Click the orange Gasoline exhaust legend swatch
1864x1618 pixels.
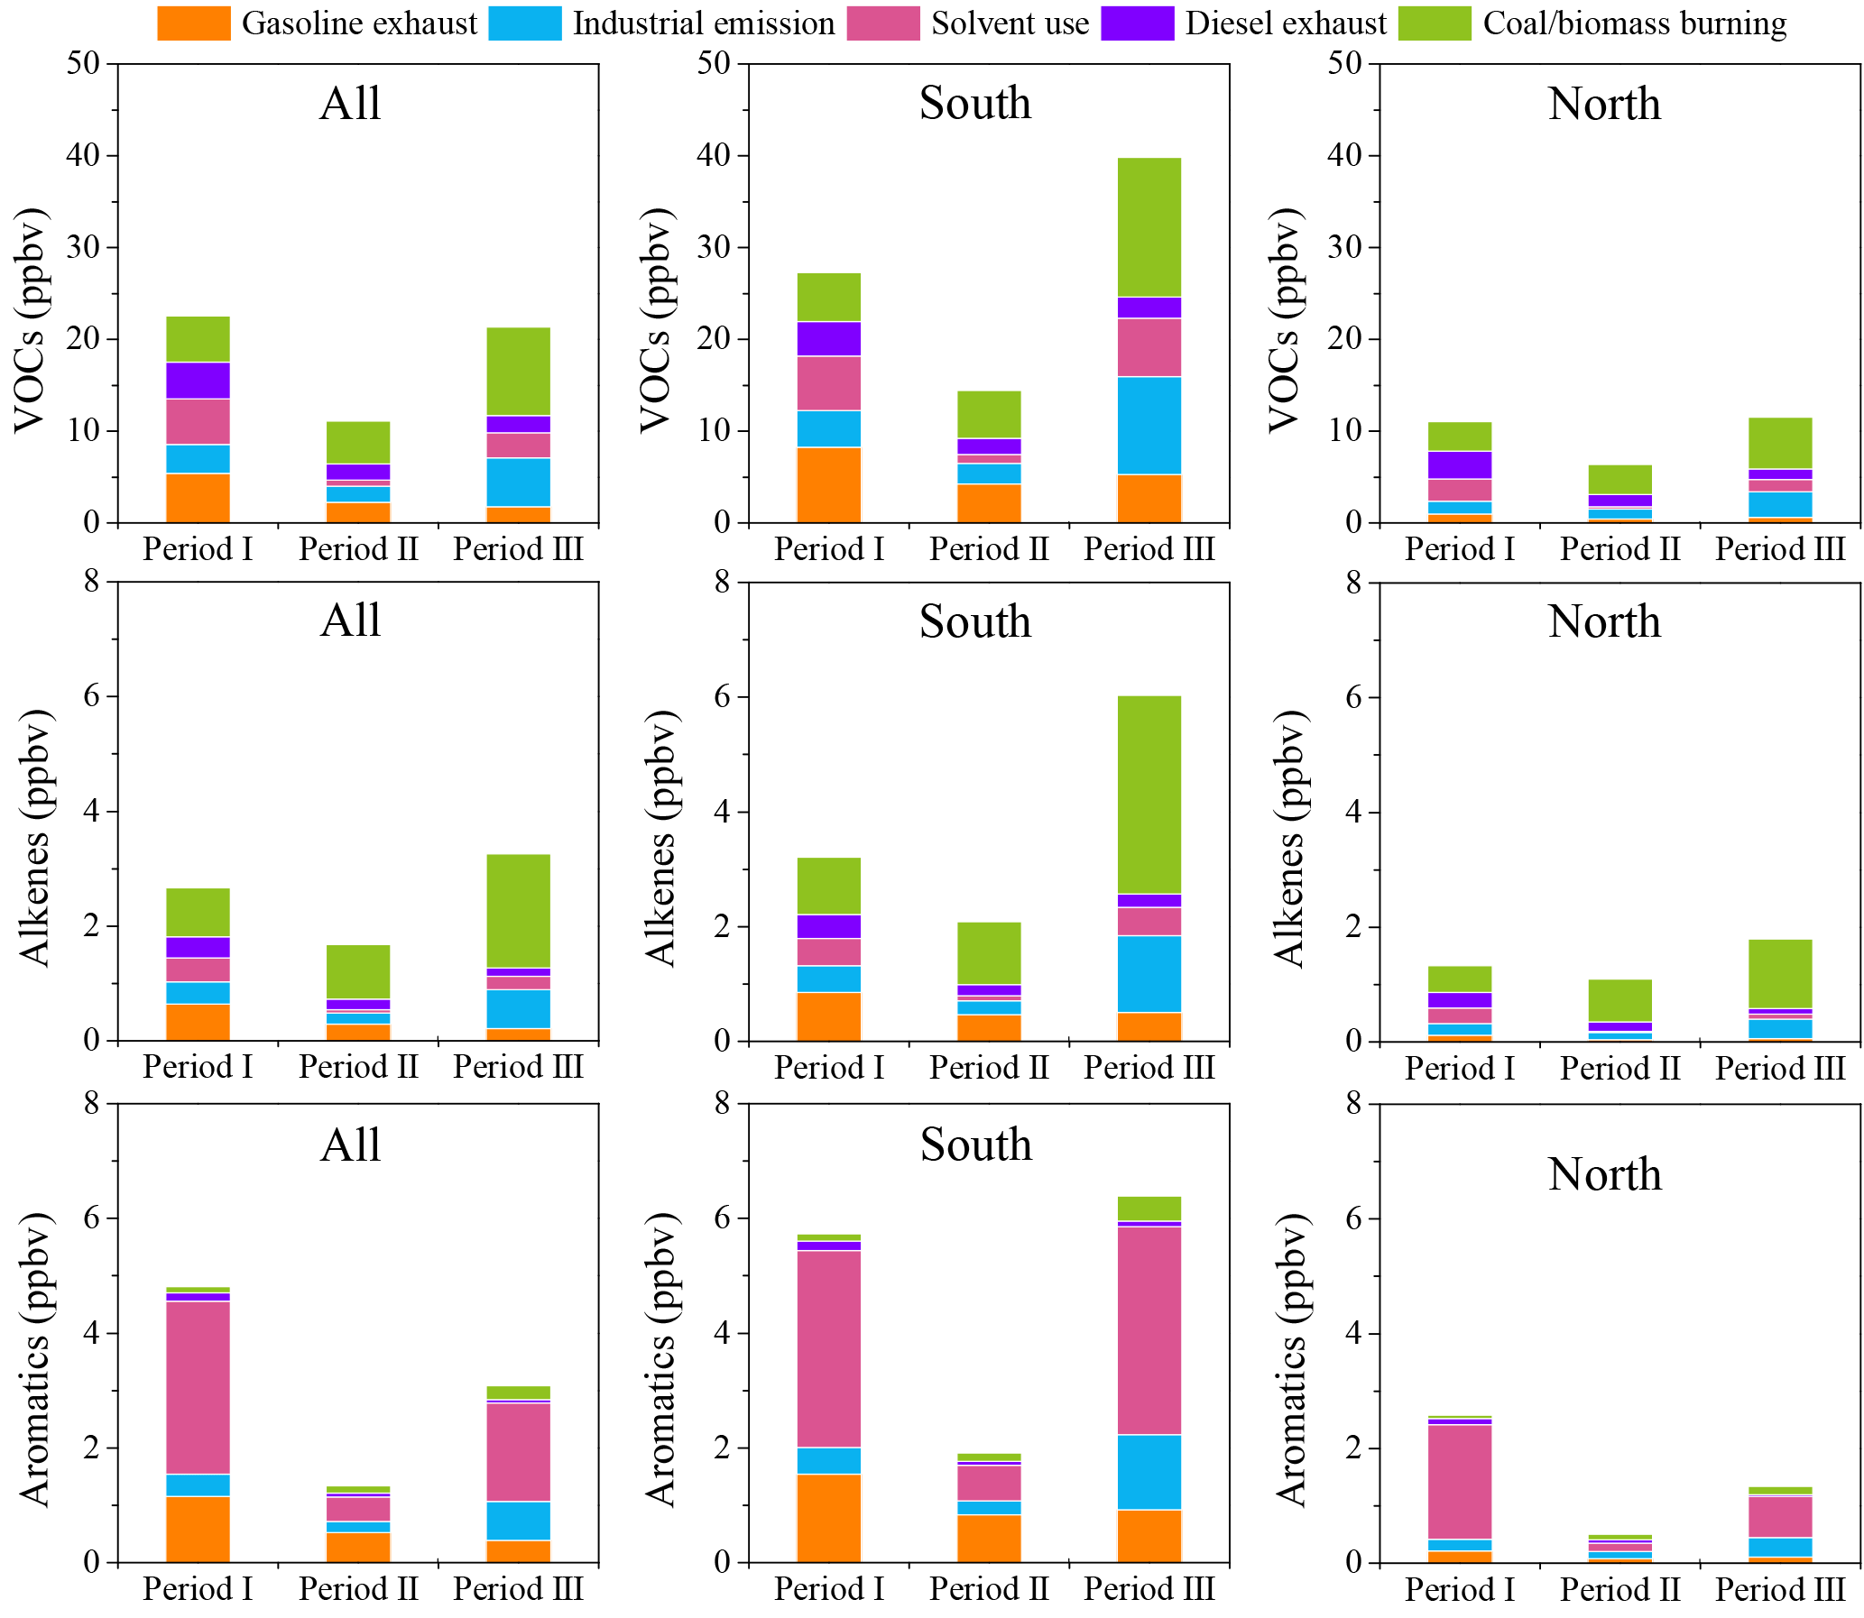point(192,23)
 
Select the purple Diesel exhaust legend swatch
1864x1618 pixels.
point(1136,23)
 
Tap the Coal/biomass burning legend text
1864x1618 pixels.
point(1634,23)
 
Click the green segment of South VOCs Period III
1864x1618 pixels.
point(1148,227)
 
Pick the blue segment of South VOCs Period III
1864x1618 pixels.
point(1148,426)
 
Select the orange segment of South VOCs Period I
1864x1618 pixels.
point(828,485)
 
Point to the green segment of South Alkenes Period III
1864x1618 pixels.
point(1148,795)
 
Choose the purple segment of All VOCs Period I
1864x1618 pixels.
point(198,380)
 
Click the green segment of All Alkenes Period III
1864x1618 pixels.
point(518,911)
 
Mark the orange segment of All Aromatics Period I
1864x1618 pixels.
point(198,1530)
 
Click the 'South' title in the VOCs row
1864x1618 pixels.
point(974,103)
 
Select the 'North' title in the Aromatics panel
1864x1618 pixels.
point(1604,1174)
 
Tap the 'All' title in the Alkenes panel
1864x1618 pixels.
point(350,621)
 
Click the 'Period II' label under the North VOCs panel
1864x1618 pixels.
point(1619,549)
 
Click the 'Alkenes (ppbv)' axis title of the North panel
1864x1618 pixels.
point(1289,839)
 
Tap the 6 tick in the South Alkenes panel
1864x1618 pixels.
point(722,697)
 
